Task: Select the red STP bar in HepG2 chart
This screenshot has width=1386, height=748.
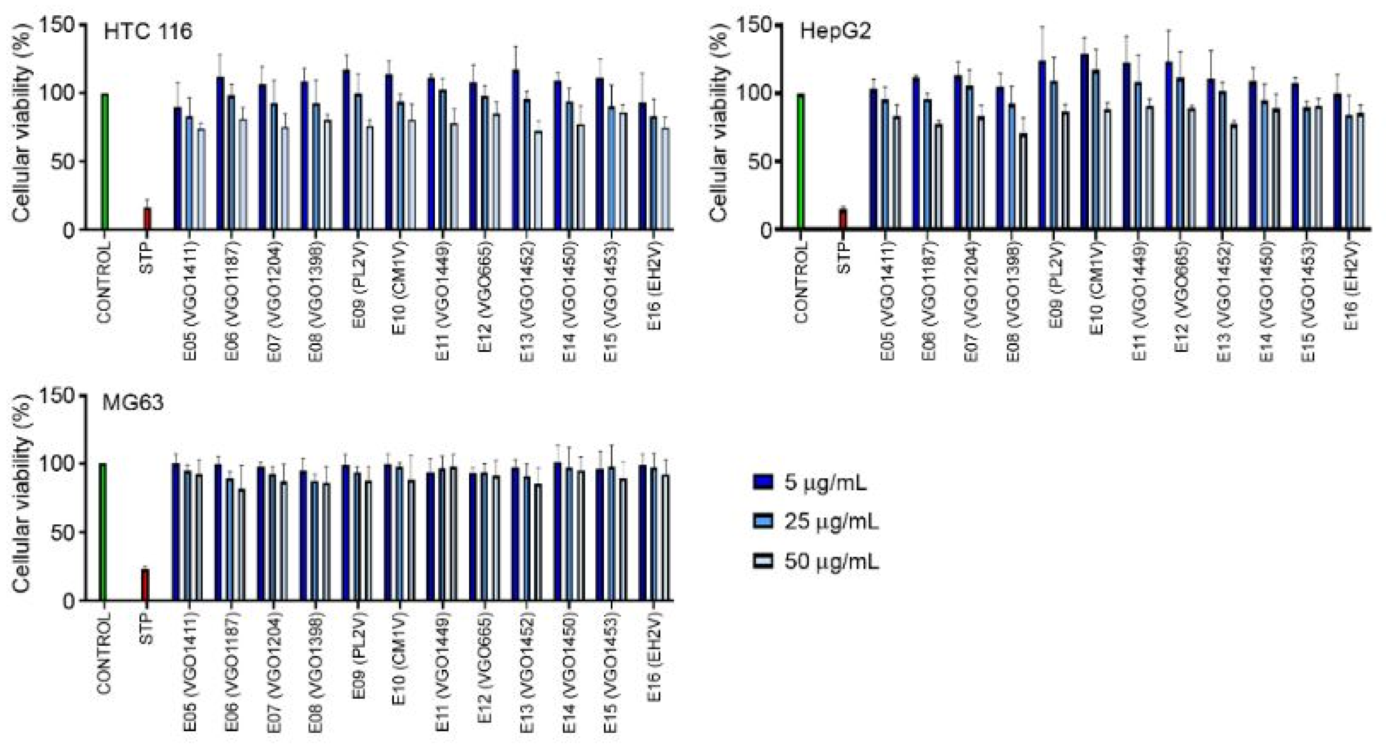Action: (843, 219)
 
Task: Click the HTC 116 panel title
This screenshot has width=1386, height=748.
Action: (148, 32)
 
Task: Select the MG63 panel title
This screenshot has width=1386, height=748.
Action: (132, 403)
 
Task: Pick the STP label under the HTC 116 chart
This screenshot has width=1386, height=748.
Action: (146, 257)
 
